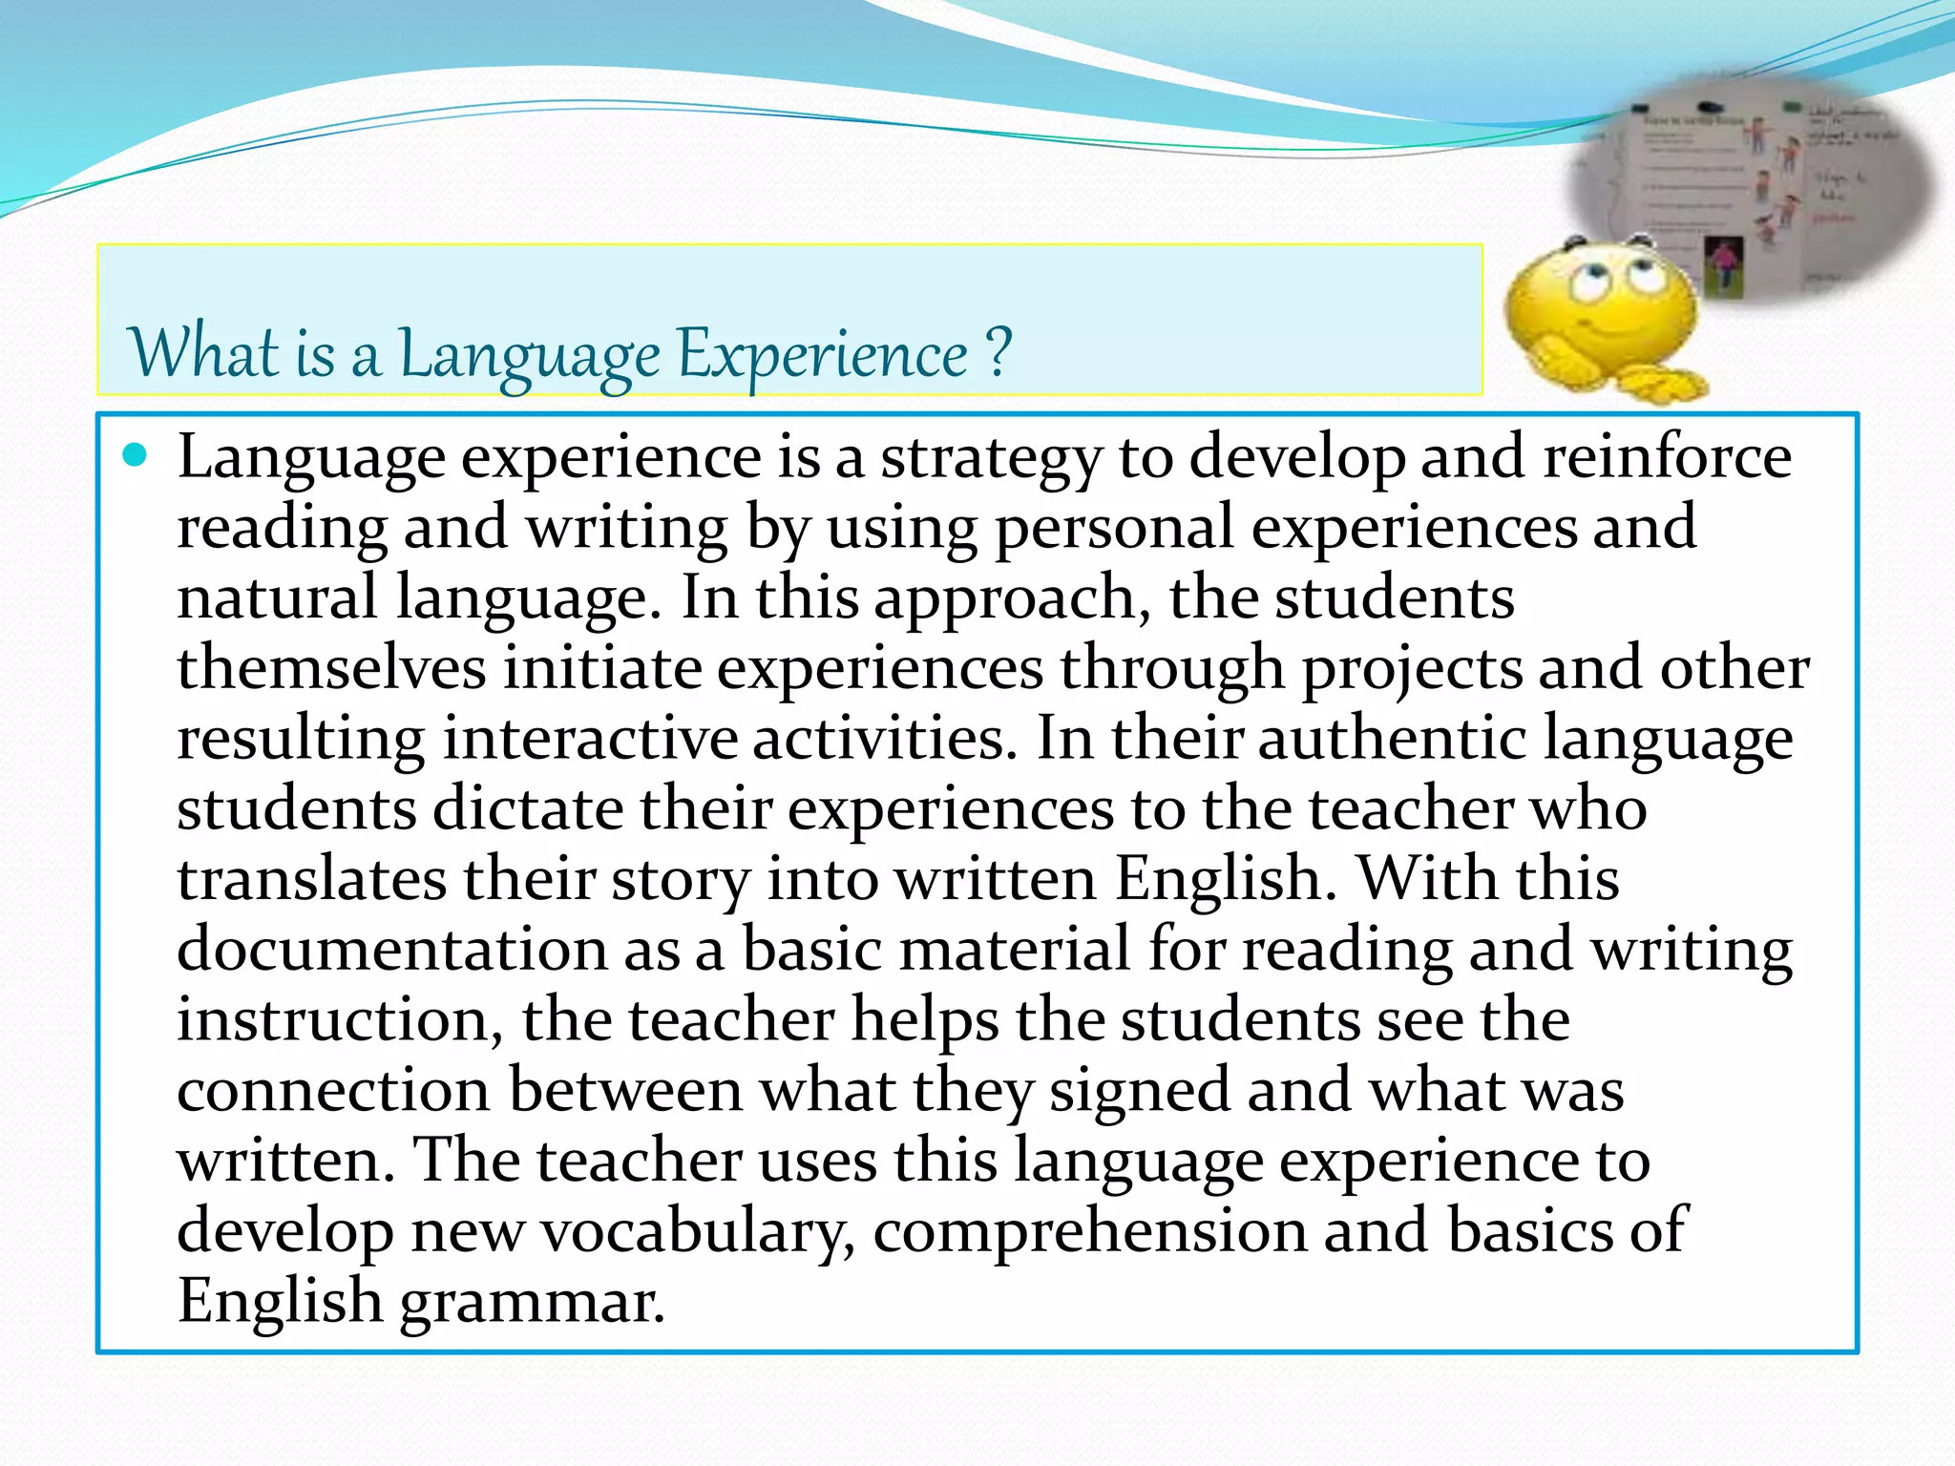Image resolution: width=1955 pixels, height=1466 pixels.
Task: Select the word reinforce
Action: coord(1667,456)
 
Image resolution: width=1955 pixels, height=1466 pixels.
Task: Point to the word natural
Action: coord(278,597)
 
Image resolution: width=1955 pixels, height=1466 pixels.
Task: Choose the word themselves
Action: coord(331,667)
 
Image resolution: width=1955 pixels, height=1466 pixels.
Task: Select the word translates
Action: coord(311,879)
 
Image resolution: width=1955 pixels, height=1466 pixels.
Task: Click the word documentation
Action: coord(392,950)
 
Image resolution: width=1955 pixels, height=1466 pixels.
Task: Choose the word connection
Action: coord(333,1090)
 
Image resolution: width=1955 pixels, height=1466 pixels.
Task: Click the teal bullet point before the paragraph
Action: coord(137,455)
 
